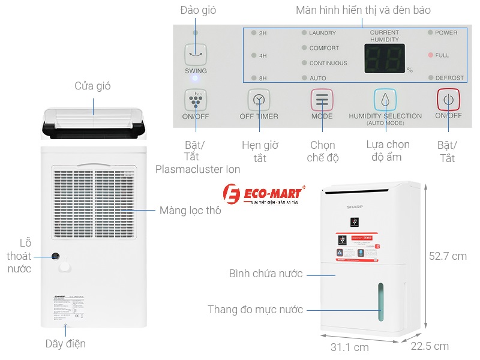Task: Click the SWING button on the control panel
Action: [x=196, y=55]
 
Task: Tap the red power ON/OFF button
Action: [x=448, y=99]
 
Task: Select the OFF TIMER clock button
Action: [x=259, y=100]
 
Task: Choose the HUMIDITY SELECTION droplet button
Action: [x=385, y=100]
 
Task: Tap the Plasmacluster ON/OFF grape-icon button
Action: [x=196, y=100]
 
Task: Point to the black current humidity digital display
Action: [x=384, y=58]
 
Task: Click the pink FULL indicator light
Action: [x=430, y=55]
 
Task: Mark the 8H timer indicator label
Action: [x=263, y=78]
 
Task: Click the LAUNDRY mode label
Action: [x=322, y=33]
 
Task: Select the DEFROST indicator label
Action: [x=449, y=78]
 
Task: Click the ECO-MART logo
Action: [x=264, y=195]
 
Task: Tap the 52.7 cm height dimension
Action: [x=448, y=256]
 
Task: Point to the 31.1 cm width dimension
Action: [x=349, y=346]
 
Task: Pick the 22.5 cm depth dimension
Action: [x=429, y=346]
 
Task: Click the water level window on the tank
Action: [x=380, y=304]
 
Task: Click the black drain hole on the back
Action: [x=56, y=256]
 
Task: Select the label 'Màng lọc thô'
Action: [x=190, y=211]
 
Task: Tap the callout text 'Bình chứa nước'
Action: [x=266, y=274]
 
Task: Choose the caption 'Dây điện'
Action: [x=65, y=344]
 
